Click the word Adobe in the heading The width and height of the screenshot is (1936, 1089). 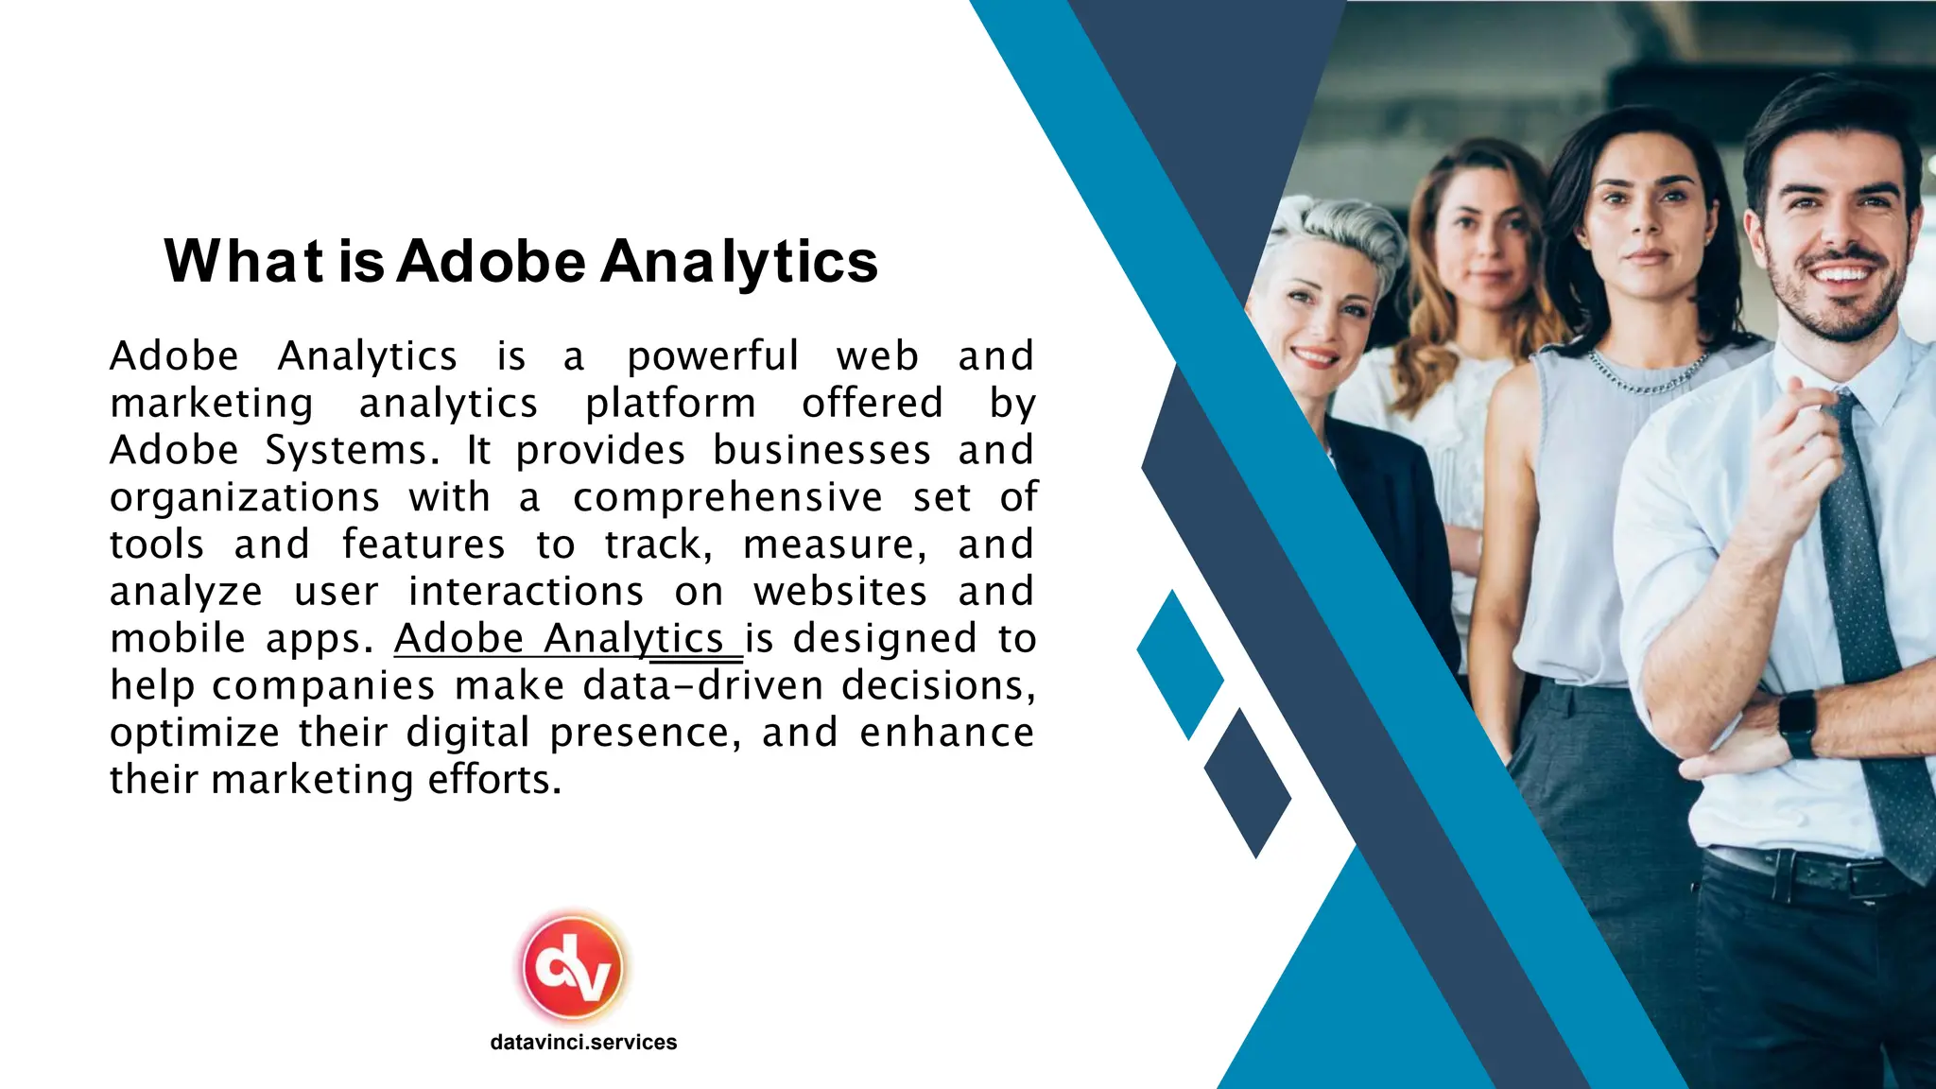[491, 261]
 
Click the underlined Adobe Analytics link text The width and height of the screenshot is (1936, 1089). [567, 638]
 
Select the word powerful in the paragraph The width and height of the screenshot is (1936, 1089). [713, 356]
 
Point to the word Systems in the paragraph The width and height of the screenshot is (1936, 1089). [353, 450]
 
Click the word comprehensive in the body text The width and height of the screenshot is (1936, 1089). [727, 497]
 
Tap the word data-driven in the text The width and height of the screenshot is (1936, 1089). [703, 685]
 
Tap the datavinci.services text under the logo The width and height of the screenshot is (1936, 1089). [583, 1042]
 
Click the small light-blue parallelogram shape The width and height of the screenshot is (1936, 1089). [1180, 665]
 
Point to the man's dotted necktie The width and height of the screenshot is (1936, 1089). [1867, 614]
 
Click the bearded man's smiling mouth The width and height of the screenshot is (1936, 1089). [1840, 275]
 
